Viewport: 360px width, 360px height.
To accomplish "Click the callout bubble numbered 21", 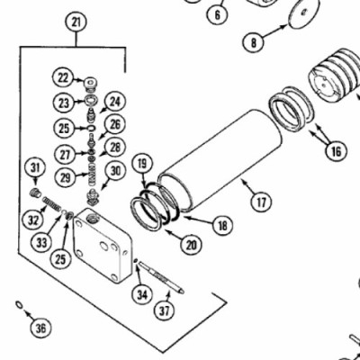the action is pyautogui.click(x=76, y=22).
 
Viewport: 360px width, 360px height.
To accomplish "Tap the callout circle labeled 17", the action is pyautogui.click(x=261, y=202).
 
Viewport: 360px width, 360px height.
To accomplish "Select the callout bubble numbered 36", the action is pyautogui.click(x=40, y=328).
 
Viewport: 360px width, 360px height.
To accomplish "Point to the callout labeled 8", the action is pyautogui.click(x=254, y=42).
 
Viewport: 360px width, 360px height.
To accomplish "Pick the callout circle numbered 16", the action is pyautogui.click(x=336, y=151).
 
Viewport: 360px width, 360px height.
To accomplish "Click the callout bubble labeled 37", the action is pyautogui.click(x=165, y=310).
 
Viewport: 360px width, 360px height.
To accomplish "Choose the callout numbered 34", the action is pyautogui.click(x=142, y=294).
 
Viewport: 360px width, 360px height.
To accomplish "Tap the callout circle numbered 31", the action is pyautogui.click(x=35, y=167).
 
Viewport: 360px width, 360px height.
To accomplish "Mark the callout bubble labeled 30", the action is pyautogui.click(x=115, y=171).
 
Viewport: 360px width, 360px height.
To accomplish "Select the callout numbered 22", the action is pyautogui.click(x=63, y=78).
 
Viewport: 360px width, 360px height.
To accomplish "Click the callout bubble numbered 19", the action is pyautogui.click(x=143, y=164).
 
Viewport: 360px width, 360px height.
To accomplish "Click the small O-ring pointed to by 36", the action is pyautogui.click(x=19, y=304).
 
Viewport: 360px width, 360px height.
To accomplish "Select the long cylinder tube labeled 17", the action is pyautogui.click(x=220, y=161).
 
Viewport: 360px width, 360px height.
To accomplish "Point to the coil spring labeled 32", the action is pyautogui.click(x=52, y=203).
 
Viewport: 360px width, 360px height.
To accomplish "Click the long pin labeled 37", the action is pyautogui.click(x=161, y=277).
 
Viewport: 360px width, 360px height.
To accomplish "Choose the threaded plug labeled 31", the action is pyautogui.click(x=36, y=193).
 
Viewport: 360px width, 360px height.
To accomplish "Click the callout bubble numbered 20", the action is pyautogui.click(x=192, y=245).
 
